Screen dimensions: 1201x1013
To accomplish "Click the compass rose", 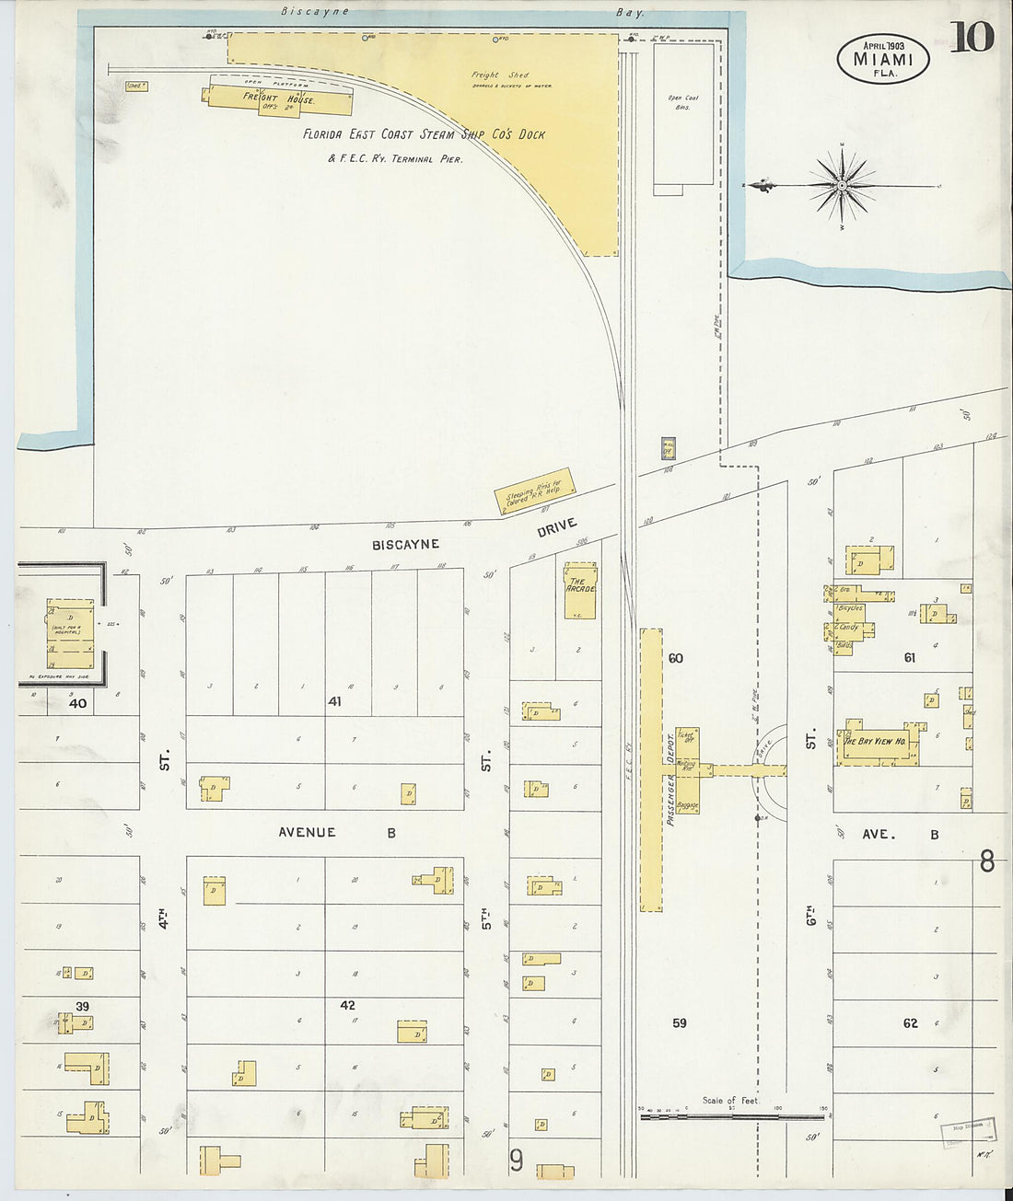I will pyautogui.click(x=842, y=186).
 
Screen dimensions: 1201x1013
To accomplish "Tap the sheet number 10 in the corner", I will pyautogui.click(x=972, y=38).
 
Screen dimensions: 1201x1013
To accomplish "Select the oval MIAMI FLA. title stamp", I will pyautogui.click(x=882, y=58).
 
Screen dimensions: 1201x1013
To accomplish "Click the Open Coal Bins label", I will pyautogui.click(x=682, y=102).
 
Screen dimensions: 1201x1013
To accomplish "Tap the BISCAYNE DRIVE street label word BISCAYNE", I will pyautogui.click(x=405, y=545).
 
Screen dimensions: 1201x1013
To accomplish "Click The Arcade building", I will pyautogui.click(x=580, y=590).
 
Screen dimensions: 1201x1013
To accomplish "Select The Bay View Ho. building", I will pyautogui.click(x=876, y=743).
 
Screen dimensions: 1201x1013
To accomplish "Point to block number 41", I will pyautogui.click(x=334, y=701).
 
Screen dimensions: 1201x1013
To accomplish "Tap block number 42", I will pyautogui.click(x=347, y=1005).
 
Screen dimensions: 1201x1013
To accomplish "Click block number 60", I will pyautogui.click(x=676, y=658).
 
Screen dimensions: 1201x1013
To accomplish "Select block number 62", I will pyautogui.click(x=910, y=1023).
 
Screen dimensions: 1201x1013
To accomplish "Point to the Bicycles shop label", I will pyautogui.click(x=850, y=608).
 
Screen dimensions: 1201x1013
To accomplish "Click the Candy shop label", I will pyautogui.click(x=848, y=628).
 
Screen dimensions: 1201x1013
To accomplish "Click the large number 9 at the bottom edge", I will pyautogui.click(x=517, y=1161).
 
